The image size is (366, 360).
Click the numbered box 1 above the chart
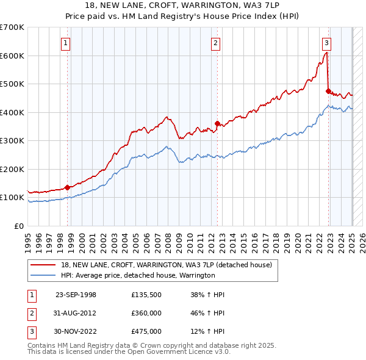[x=65, y=43]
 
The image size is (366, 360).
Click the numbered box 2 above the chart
[x=216, y=43]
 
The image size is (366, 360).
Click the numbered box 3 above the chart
[x=327, y=43]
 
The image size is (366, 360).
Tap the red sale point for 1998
[x=67, y=187]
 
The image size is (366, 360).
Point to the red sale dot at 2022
[x=328, y=92]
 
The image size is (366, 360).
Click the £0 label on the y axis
[x=20, y=226]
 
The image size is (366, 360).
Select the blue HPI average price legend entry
[x=137, y=275]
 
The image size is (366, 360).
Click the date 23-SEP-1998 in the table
[x=76, y=295]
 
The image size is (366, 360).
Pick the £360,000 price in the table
[x=146, y=313]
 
